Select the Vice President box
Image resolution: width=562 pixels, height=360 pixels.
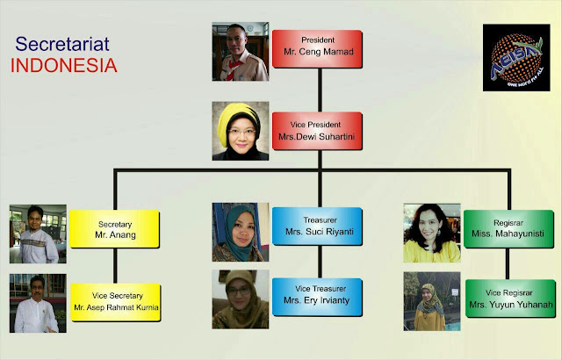point(317,130)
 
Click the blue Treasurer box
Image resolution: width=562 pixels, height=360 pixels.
point(316,227)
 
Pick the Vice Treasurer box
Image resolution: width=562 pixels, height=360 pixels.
point(316,297)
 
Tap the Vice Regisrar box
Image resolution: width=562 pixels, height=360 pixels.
point(509,299)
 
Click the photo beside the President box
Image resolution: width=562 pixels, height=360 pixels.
point(241,53)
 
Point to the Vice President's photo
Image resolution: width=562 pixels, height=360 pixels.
point(241,131)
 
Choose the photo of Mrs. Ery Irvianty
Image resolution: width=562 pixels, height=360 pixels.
point(241,299)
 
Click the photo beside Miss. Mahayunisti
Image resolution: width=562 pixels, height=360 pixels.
point(431,233)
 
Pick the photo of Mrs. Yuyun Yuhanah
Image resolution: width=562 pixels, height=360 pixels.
point(431,302)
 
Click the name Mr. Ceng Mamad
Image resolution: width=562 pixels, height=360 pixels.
point(317,54)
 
